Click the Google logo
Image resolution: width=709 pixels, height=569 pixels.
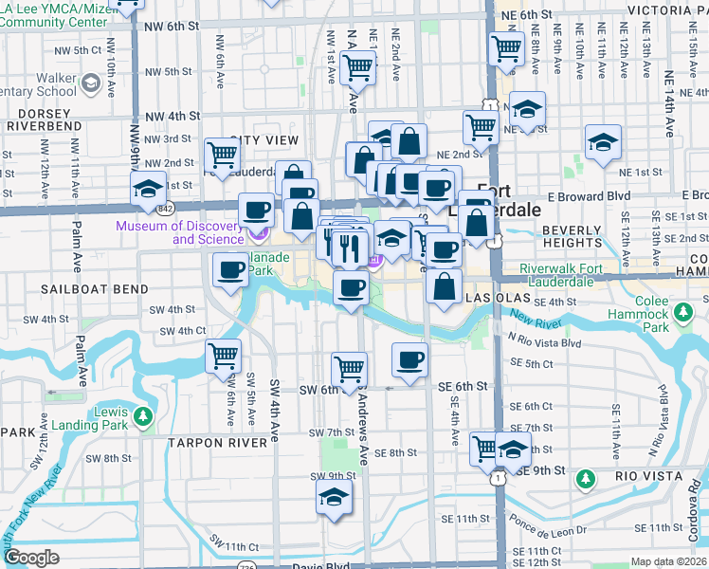point(31,558)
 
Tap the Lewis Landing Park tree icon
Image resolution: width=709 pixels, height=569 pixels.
point(142,415)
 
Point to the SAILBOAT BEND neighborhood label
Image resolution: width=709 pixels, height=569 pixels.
point(94,288)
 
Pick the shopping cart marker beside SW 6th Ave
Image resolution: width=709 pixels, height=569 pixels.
point(222,357)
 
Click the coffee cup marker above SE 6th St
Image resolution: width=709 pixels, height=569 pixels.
point(409,359)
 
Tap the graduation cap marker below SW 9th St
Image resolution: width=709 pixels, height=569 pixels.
point(334,497)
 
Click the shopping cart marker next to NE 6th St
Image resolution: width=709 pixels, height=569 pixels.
point(507,46)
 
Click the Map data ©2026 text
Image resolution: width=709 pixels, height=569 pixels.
point(668,561)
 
